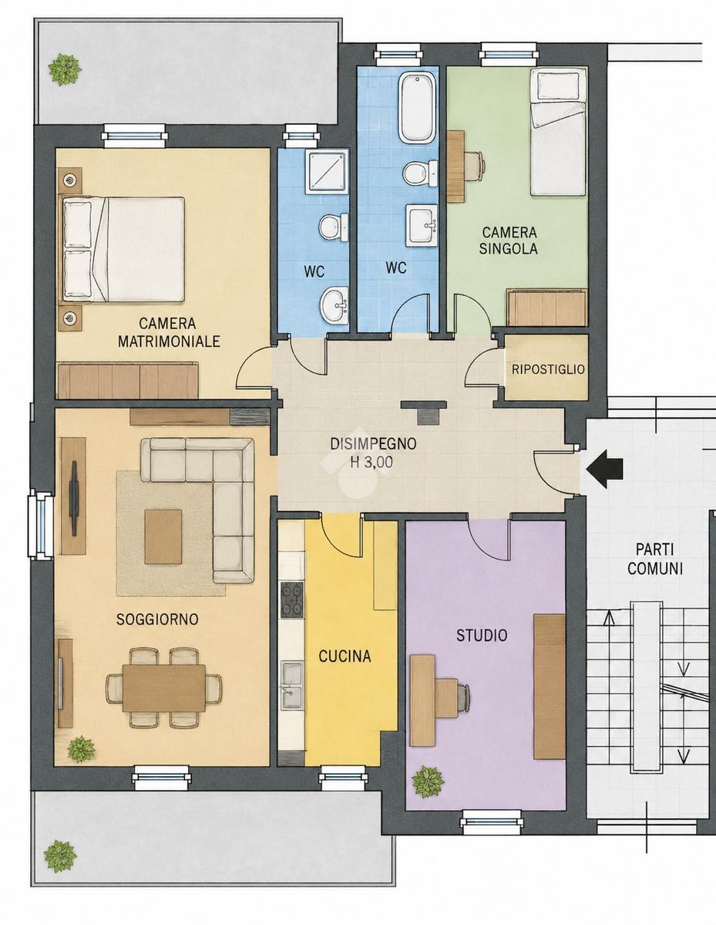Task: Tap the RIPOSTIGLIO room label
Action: pyautogui.click(x=548, y=369)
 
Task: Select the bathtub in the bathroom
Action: pyautogui.click(x=418, y=107)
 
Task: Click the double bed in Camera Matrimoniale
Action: pyautogui.click(x=124, y=249)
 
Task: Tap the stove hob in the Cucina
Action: pyautogui.click(x=292, y=600)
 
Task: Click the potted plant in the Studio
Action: pyautogui.click(x=428, y=782)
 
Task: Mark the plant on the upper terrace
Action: pyautogui.click(x=64, y=69)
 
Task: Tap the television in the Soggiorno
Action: pyautogui.click(x=75, y=498)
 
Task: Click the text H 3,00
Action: pyautogui.click(x=371, y=462)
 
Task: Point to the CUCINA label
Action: pyautogui.click(x=345, y=657)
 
